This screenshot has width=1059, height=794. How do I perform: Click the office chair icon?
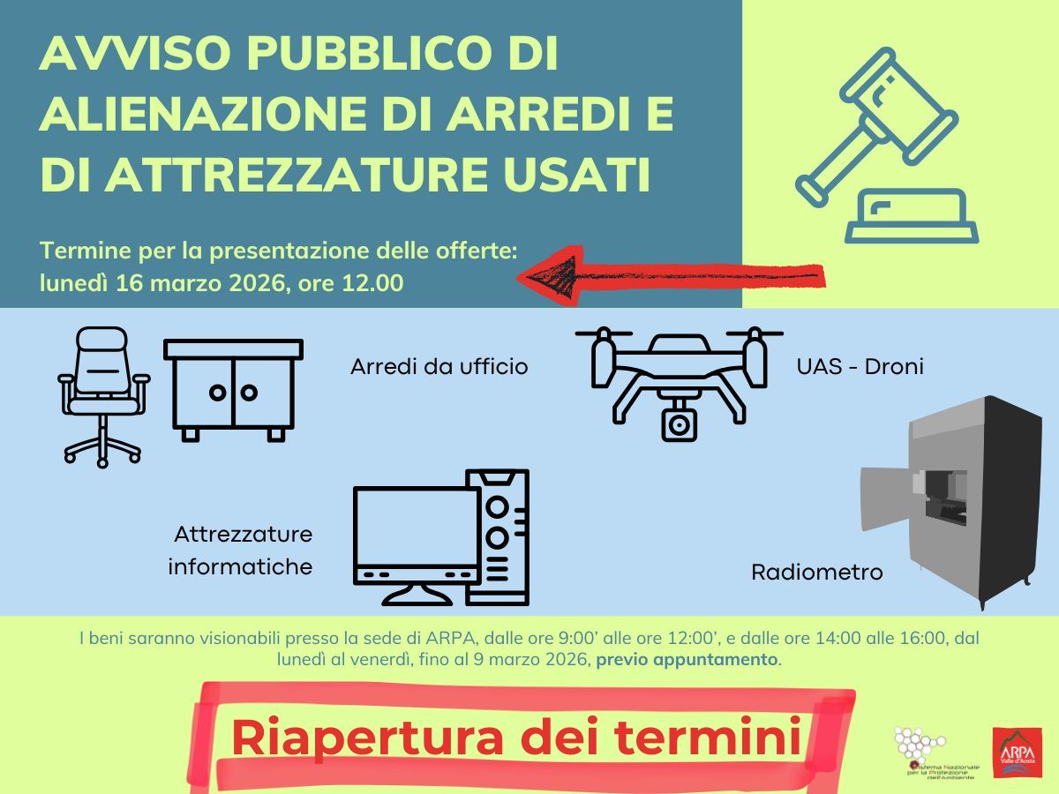102,395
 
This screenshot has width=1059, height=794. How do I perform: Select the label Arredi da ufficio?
439,366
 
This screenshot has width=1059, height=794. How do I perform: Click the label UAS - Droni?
860,366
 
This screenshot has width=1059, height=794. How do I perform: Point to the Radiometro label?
816,573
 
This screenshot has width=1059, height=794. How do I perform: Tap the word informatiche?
240,566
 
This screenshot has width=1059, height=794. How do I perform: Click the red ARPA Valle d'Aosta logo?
1017,752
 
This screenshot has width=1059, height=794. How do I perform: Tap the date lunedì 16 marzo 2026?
159,284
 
